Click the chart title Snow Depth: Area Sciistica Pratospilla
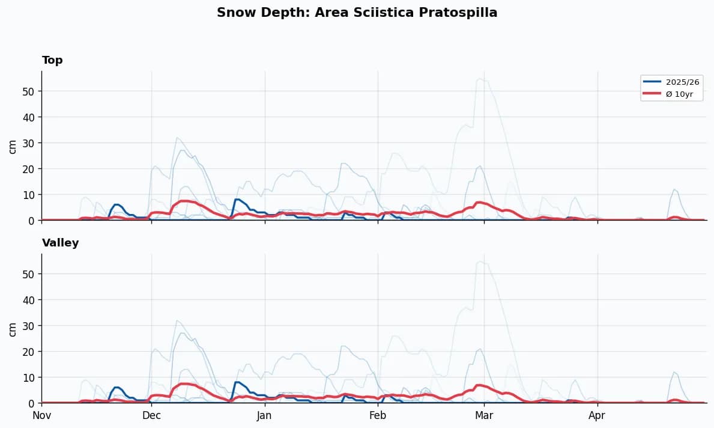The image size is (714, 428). pos(357,13)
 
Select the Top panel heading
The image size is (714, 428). pos(52,60)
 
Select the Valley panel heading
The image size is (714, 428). pos(60,243)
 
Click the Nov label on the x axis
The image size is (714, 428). pos(41,415)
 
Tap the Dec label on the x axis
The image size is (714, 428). pos(151,415)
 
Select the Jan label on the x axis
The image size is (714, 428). pos(265,415)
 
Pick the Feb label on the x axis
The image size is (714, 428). pos(378,415)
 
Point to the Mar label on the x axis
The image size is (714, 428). pos(484,415)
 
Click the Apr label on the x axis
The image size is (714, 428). pos(597,415)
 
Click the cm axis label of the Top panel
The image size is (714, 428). pos(13,146)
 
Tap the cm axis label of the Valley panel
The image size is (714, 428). pos(13,329)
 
